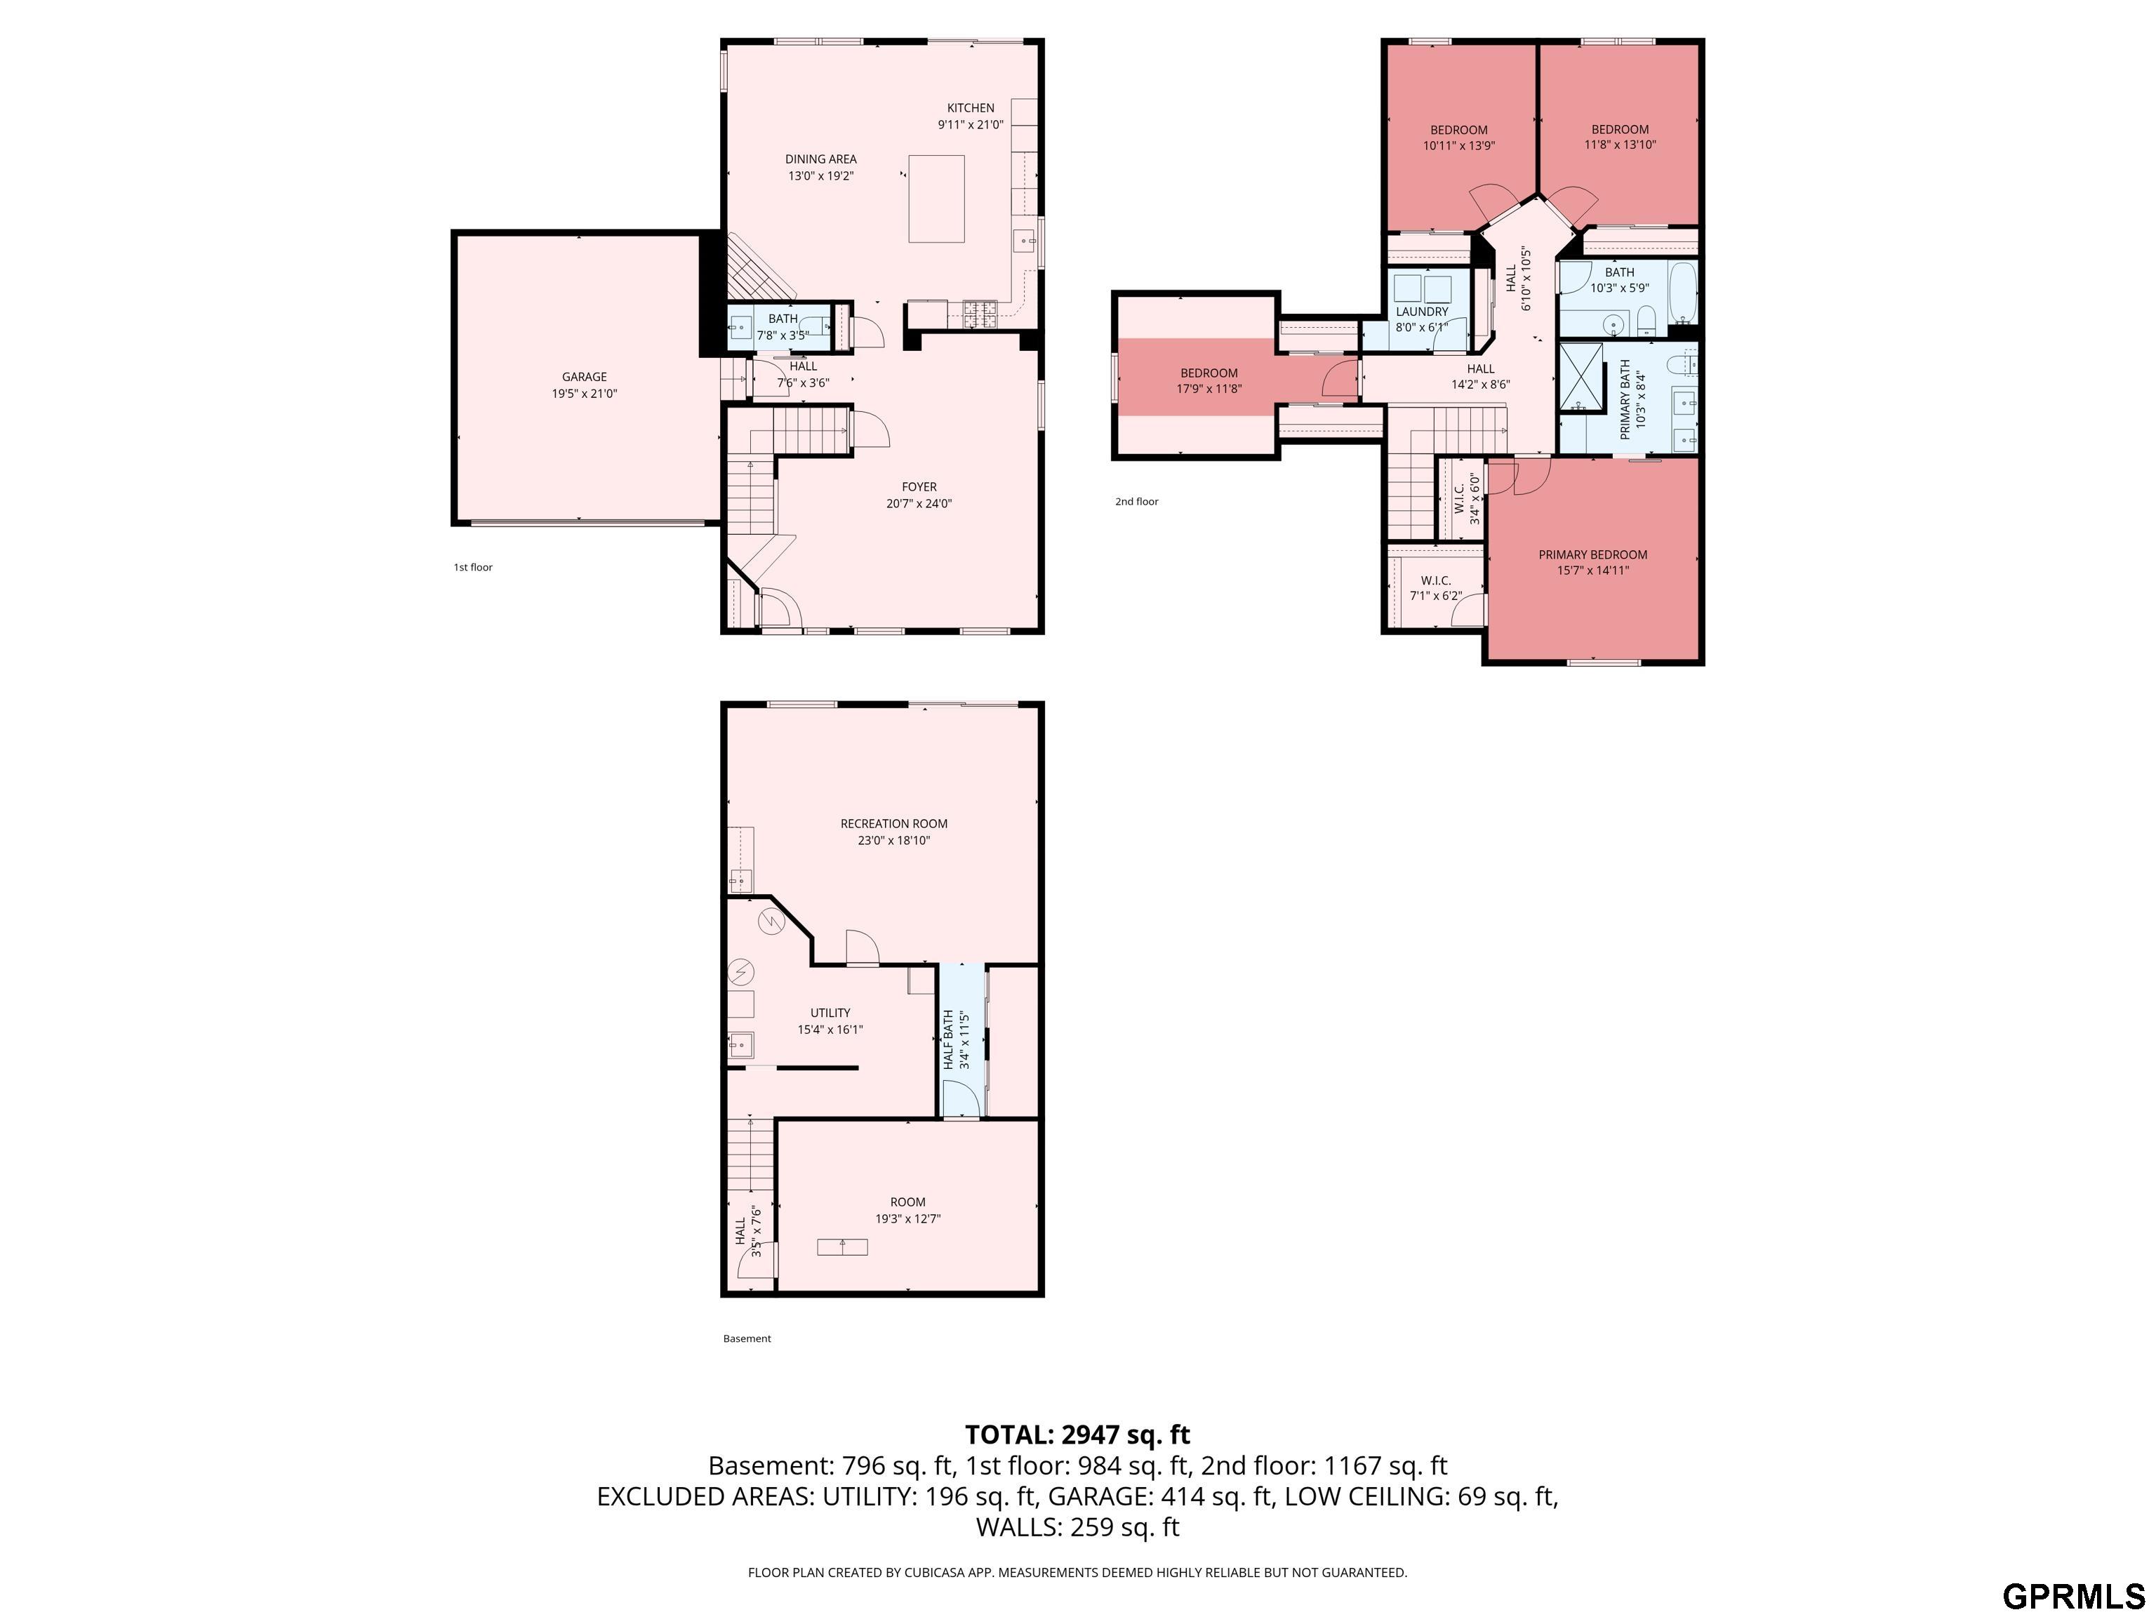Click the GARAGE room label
point(584,377)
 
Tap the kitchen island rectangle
point(936,199)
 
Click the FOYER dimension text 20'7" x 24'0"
point(918,504)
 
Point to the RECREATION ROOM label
point(894,824)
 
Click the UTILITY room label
point(830,1013)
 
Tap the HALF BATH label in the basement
point(947,1041)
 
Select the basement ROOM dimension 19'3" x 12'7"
point(907,1218)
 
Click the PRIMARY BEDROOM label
point(1592,554)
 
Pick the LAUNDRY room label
point(1421,312)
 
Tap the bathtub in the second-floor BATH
point(1682,291)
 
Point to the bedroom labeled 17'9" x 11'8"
point(1209,380)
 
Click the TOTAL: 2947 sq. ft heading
point(1077,1435)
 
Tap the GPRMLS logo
point(2073,1597)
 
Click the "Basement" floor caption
point(747,1338)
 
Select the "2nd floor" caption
point(1136,502)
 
